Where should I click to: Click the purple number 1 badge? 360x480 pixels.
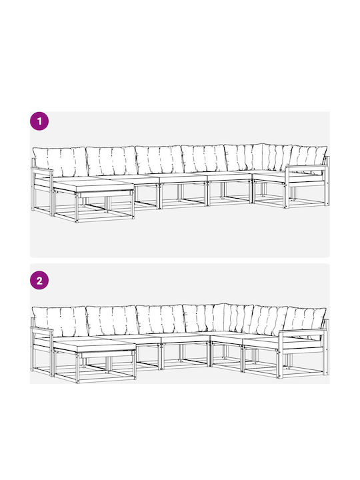39,121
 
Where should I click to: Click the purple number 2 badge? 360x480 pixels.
39,281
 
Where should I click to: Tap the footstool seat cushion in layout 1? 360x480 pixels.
93,185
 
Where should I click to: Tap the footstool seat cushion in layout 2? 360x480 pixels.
94,345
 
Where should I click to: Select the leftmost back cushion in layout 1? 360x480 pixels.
60,161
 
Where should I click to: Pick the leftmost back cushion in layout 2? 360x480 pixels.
60,321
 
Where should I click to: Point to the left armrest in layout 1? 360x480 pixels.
42,169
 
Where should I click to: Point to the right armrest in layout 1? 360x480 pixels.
307,167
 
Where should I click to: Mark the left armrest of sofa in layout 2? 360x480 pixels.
41,329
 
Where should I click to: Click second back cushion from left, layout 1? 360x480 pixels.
112,161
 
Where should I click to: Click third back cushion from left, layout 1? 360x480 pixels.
159,160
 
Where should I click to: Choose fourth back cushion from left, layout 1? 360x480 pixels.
204,159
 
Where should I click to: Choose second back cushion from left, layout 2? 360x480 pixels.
113,321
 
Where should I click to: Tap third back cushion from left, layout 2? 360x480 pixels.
160,319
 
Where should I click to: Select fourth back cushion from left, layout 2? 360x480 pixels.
204,319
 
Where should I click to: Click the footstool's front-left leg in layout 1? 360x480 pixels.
77,207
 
